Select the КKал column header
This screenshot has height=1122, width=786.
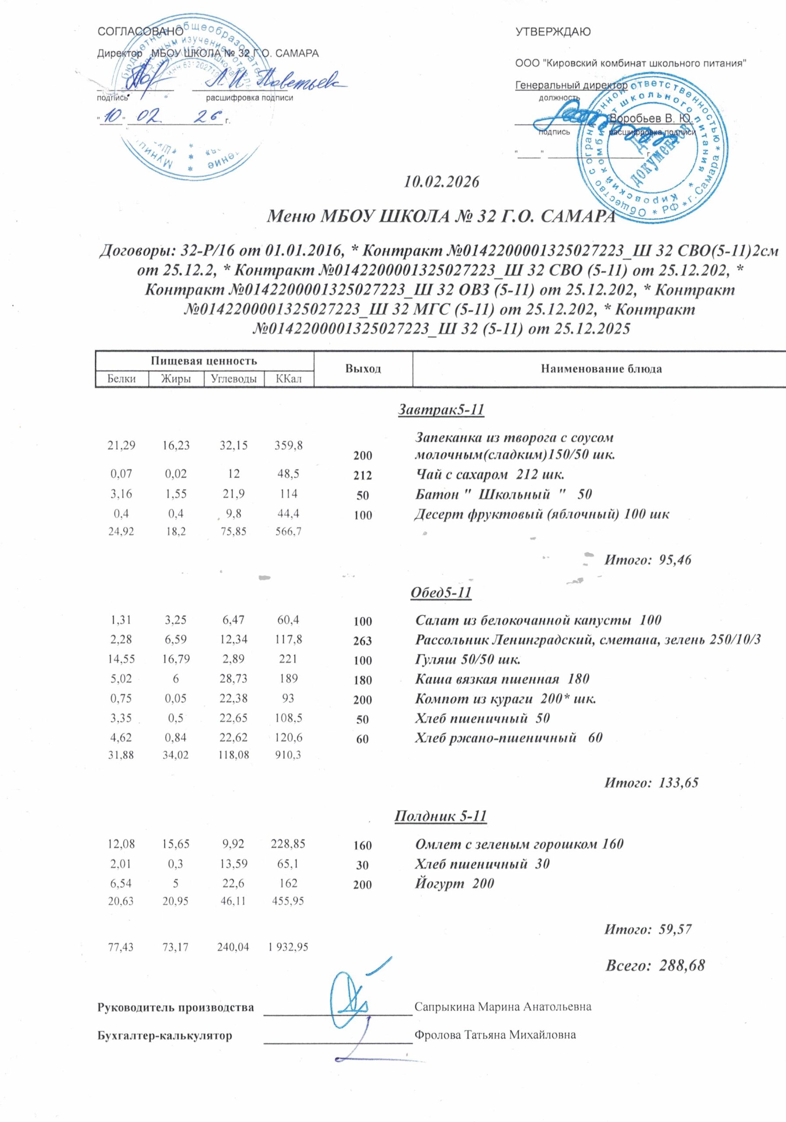point(289,379)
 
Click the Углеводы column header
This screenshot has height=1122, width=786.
point(234,379)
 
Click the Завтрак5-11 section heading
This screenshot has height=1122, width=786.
point(441,409)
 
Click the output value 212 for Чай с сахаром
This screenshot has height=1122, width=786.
point(363,475)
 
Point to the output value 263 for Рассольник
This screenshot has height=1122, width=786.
point(363,641)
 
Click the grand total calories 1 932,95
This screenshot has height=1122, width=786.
point(288,947)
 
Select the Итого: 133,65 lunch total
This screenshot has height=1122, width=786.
point(651,782)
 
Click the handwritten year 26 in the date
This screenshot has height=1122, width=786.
point(208,116)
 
